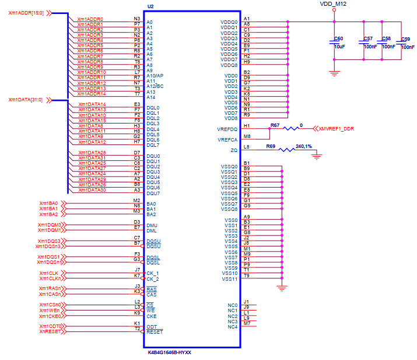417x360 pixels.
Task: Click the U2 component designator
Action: click(150, 6)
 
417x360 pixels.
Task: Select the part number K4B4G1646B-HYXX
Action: click(170, 352)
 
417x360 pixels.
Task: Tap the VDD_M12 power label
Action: click(333, 3)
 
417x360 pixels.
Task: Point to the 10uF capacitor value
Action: click(339, 46)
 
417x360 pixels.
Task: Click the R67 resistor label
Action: click(275, 125)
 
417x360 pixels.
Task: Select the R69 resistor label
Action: click(271, 146)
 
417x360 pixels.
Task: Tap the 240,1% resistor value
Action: click(304, 146)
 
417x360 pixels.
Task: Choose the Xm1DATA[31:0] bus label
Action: click(26, 100)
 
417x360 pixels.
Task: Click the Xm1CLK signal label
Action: click(48, 273)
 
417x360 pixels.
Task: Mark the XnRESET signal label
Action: click(49, 331)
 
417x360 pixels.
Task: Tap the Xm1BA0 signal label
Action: click(48, 203)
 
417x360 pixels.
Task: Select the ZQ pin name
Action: click(234, 150)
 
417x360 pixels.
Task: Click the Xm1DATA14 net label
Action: click(92, 104)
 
